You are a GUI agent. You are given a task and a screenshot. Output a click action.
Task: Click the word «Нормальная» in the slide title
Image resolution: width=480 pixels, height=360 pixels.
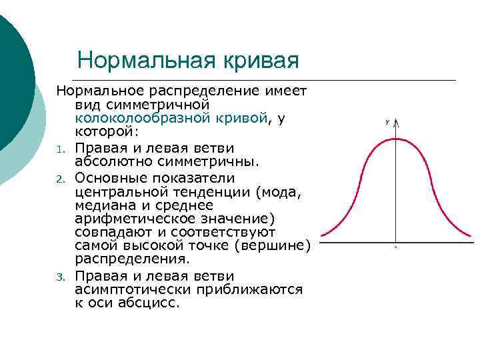[146, 60]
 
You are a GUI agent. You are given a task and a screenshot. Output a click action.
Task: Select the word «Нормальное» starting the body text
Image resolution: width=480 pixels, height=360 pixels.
[98, 90]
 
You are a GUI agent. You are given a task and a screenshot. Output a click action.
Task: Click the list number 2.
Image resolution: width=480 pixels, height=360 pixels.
[59, 179]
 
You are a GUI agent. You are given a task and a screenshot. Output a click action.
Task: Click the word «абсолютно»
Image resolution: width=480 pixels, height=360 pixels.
[107, 161]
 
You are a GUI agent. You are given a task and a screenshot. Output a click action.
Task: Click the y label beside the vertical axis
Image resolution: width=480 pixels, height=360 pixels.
[387, 122]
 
